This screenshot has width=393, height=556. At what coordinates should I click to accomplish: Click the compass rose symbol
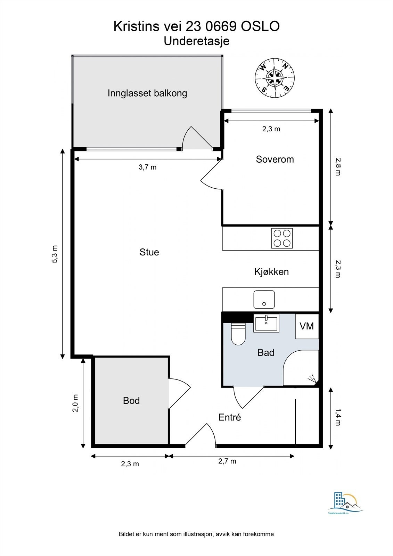(275, 78)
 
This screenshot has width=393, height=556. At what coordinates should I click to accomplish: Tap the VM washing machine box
(307, 326)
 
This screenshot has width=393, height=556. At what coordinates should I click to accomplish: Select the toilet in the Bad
(238, 334)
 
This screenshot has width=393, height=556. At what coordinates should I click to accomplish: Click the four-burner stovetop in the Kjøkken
(282, 238)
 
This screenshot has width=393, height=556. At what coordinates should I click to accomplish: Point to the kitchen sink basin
(264, 300)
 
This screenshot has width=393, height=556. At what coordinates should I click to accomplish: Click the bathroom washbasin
(266, 323)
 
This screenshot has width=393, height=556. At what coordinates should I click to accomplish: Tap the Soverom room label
(275, 160)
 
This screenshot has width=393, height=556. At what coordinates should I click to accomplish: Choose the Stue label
(149, 252)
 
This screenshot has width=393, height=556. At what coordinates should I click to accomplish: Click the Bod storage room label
(131, 401)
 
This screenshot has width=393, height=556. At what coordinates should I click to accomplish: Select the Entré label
(230, 417)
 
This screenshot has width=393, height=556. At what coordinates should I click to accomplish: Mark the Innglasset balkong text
(147, 93)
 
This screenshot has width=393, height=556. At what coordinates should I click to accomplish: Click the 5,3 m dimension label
(55, 254)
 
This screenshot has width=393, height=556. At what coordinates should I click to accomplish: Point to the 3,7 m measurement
(147, 167)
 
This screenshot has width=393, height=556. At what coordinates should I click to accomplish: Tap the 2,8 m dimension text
(338, 167)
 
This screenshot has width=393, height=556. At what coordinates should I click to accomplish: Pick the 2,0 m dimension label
(75, 403)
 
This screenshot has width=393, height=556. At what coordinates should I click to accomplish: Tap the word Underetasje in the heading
(197, 41)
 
